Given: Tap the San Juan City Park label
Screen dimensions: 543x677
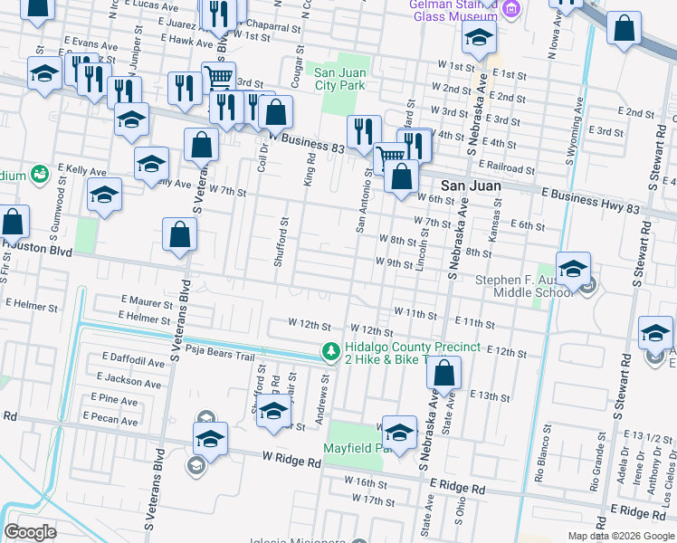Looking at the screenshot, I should pyautogui.click(x=339, y=79).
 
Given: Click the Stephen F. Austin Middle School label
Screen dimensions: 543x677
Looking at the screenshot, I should pyautogui.click(x=523, y=286).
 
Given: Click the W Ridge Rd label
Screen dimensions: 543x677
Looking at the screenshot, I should pyautogui.click(x=292, y=461).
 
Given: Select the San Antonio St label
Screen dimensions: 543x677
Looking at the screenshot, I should pyautogui.click(x=360, y=201).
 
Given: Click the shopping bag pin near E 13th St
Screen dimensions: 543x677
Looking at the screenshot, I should pyautogui.click(x=444, y=373).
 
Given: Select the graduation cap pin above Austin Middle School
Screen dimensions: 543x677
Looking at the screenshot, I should pyautogui.click(x=573, y=269).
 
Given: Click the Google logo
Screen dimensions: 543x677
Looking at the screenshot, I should pyautogui.click(x=31, y=531).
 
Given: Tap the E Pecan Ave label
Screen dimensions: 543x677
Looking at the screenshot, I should pyautogui.click(x=110, y=420).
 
